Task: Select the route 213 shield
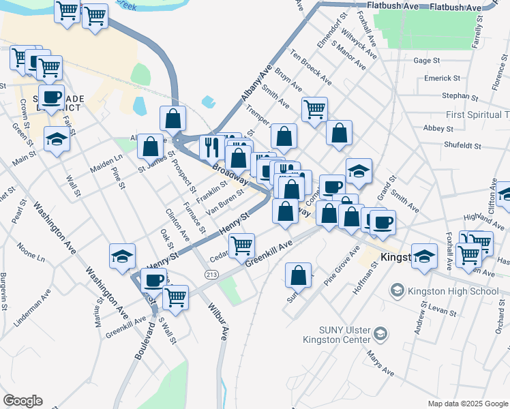click(x=210, y=273)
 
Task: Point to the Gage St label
click(x=426, y=61)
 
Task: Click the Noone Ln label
click(x=31, y=253)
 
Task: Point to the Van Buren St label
click(x=225, y=203)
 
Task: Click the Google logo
click(x=22, y=401)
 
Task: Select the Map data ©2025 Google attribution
click(x=468, y=403)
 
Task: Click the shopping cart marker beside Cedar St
click(x=242, y=245)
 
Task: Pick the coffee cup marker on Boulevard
click(x=153, y=279)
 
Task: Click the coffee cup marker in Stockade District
click(x=51, y=96)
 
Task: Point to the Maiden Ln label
click(x=107, y=164)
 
